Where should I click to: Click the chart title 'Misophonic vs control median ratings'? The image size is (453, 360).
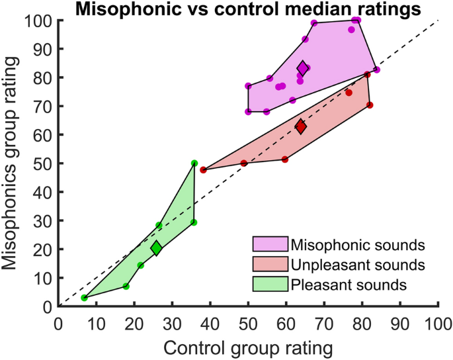248,9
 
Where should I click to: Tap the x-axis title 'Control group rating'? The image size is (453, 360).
248,346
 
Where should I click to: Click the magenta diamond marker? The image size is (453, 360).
303,68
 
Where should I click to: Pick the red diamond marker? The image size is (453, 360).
301,126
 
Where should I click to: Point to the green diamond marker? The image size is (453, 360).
156,248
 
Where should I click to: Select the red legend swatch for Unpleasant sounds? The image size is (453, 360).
270,265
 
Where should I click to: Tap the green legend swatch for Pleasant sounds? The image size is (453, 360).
270,286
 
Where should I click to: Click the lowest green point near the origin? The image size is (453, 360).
84,298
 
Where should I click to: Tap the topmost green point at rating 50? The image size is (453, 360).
194,163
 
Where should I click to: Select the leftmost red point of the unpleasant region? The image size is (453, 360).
203,170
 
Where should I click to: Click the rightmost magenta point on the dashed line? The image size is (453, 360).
376,69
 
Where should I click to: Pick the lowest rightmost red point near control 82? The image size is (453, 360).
370,105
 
